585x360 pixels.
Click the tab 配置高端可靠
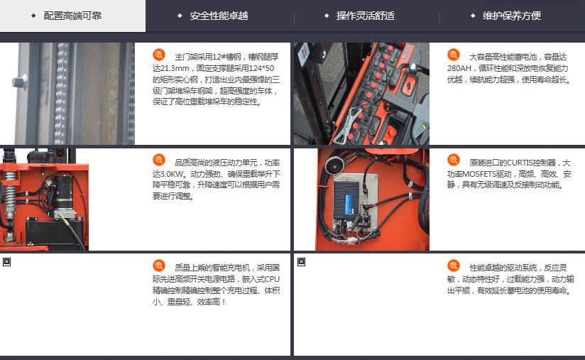click(x=72, y=16)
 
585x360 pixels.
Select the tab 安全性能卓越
click(x=219, y=16)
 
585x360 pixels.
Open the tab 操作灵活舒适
click(x=365, y=16)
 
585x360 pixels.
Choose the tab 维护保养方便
click(x=511, y=16)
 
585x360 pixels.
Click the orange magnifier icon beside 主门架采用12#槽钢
click(x=159, y=55)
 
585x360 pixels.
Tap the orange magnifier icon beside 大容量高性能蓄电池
click(x=454, y=55)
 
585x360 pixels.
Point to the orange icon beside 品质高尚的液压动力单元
click(x=159, y=160)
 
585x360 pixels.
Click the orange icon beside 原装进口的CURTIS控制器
click(x=454, y=160)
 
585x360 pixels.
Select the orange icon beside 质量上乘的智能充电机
click(x=159, y=266)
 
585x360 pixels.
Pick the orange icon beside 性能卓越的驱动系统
click(x=454, y=266)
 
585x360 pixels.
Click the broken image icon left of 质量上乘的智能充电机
click(x=6, y=262)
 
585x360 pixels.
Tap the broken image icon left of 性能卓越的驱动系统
click(x=302, y=262)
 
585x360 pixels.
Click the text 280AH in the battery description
click(x=459, y=68)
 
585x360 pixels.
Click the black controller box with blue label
click(x=346, y=200)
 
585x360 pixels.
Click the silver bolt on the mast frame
click(x=20, y=82)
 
